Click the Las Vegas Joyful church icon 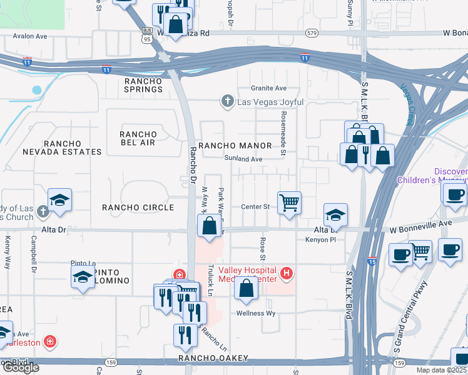pyautogui.click(x=228, y=101)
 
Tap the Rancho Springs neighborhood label pyautogui.click(x=143, y=85)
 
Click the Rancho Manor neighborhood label pyautogui.click(x=235, y=146)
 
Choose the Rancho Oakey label pyautogui.click(x=213, y=358)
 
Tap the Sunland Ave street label pyautogui.click(x=243, y=159)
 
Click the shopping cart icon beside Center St pyautogui.click(x=289, y=202)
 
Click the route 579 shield pyautogui.click(x=311, y=32)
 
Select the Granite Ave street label pyautogui.click(x=268, y=88)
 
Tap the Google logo pyautogui.click(x=21, y=367)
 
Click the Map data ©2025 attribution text pyautogui.click(x=441, y=370)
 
